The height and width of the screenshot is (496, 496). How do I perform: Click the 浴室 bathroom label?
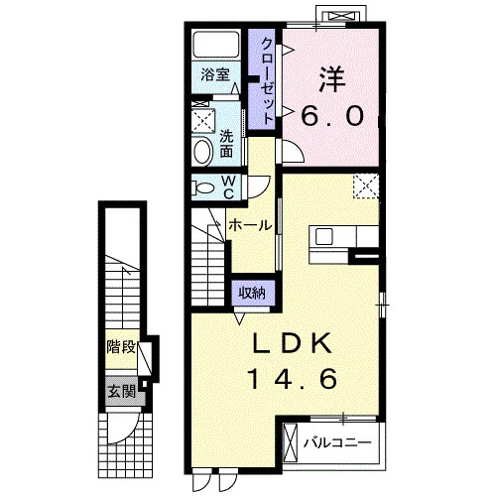coord(215,74)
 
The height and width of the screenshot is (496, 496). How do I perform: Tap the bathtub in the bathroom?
coord(216,45)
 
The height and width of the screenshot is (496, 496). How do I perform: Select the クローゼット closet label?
coord(268,80)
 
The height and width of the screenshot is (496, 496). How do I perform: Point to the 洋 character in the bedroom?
coord(332,80)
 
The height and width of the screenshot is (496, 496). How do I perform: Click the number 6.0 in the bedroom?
coord(332,116)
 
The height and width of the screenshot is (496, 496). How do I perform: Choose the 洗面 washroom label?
coord(226,144)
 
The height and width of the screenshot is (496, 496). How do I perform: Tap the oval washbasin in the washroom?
coord(203,152)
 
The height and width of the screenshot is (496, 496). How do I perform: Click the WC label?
coord(228,186)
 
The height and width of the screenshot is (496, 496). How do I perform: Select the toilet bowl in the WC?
coord(203,188)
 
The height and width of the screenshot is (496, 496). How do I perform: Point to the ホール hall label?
coord(250,225)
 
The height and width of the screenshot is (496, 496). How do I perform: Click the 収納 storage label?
coord(252,293)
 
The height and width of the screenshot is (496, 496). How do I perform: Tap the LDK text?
coord(292,343)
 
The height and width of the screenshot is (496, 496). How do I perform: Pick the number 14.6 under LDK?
coord(293,379)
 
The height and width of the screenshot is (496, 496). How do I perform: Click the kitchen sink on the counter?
coord(324,236)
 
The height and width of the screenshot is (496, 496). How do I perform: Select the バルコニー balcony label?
coord(337,442)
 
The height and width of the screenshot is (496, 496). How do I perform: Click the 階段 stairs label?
coord(121,347)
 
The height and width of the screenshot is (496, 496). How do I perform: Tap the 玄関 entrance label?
coord(122,392)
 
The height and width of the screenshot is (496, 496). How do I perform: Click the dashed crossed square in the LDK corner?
coord(366,186)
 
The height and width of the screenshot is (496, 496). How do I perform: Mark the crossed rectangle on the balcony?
coord(291,443)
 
